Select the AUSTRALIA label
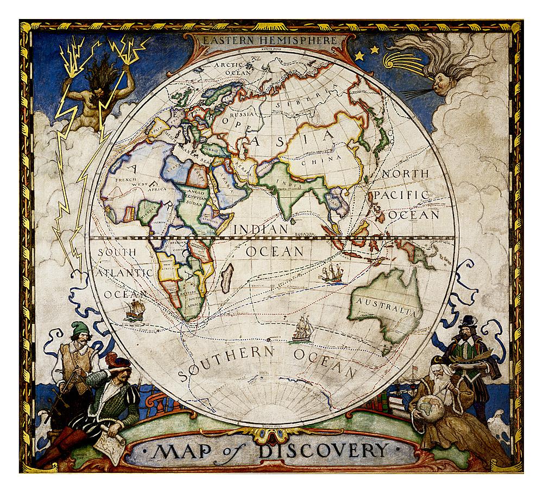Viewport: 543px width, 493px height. [x=386, y=305]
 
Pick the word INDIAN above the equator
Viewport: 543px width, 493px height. [x=261, y=229]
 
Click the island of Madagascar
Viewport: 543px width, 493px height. [x=228, y=278]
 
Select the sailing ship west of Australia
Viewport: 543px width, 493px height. [x=332, y=273]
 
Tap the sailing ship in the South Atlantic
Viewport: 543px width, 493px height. [x=134, y=310]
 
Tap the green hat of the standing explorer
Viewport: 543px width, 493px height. [x=80, y=328]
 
